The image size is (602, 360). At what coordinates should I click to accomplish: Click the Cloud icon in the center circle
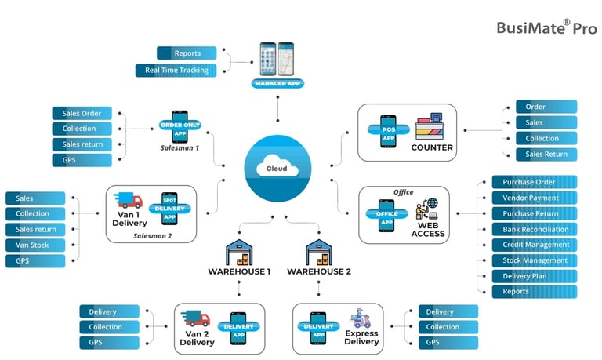click(x=277, y=168)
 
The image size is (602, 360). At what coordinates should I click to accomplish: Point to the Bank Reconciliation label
click(x=535, y=229)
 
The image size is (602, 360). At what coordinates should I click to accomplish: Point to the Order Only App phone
click(x=180, y=125)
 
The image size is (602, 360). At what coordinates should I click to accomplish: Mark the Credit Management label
click(x=535, y=245)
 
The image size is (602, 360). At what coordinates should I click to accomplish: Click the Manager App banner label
click(x=277, y=82)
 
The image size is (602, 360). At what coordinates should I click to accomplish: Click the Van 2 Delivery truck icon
click(x=195, y=319)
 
